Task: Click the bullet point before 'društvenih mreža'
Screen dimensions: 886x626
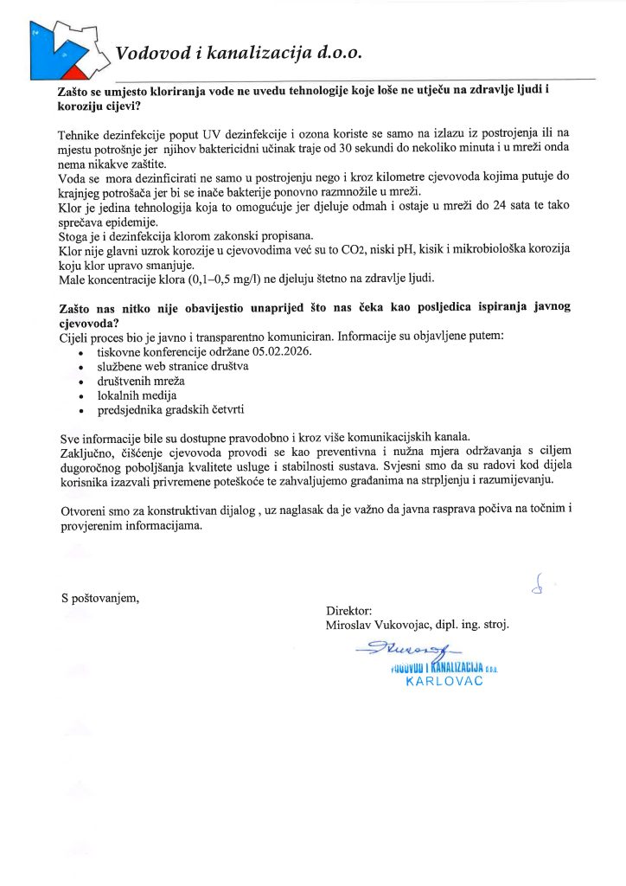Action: point(80,382)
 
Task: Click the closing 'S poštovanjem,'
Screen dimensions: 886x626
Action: point(99,598)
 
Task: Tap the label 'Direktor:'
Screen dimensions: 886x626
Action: point(348,609)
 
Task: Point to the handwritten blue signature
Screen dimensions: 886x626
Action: point(409,650)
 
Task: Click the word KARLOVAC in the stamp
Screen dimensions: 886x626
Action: point(444,681)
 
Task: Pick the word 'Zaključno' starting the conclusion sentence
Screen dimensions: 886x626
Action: point(87,452)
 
